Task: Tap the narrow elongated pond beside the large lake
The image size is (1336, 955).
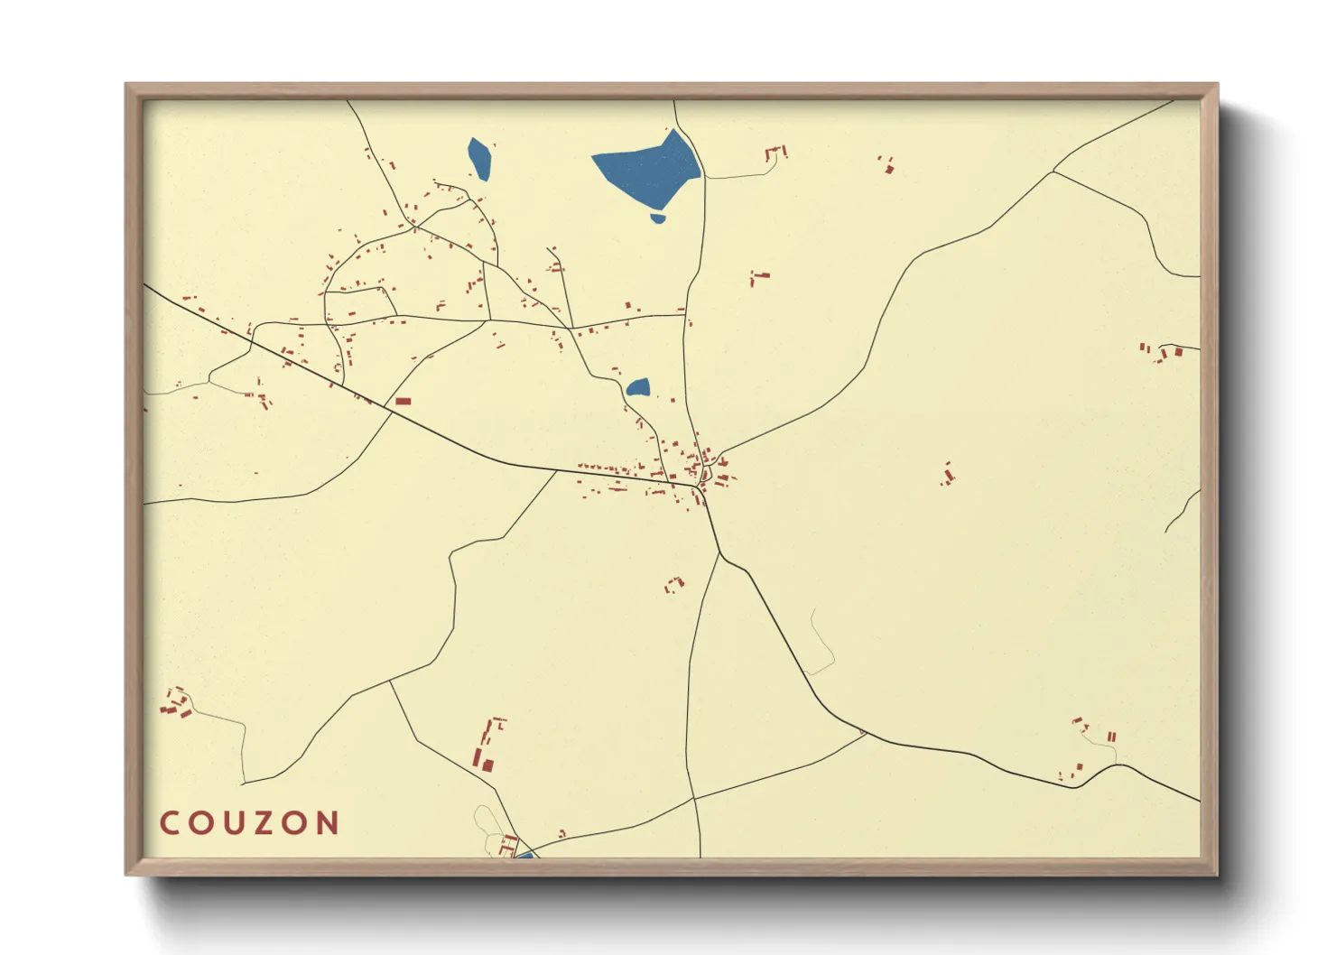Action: tap(479, 158)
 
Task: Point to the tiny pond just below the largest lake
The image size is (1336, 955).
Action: tap(658, 218)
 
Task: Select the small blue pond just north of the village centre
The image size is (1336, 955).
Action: tap(638, 388)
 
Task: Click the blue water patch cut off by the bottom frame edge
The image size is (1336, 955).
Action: tap(524, 854)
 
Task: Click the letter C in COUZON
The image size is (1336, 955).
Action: tap(169, 823)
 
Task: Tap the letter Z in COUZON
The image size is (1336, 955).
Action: tap(267, 823)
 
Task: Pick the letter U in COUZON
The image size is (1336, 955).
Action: tap(234, 823)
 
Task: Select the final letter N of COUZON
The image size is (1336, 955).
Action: tap(328, 823)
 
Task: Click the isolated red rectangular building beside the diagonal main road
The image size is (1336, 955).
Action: tap(403, 401)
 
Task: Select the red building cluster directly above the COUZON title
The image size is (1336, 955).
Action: tap(176, 703)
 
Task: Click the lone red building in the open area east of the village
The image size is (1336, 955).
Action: tap(947, 475)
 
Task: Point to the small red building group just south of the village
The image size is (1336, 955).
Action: tap(674, 584)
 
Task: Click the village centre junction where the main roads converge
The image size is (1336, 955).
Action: tap(701, 487)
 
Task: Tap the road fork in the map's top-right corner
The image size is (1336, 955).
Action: tap(1053, 171)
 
